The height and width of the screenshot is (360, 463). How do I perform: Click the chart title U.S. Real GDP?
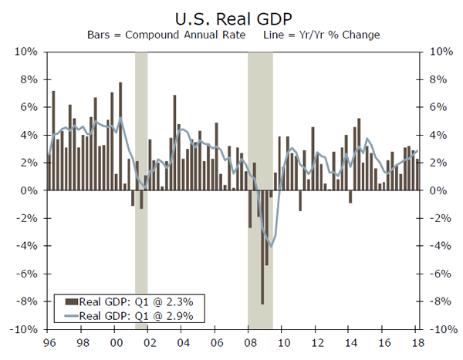coord(231,17)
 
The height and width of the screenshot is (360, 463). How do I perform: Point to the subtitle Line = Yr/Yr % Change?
coord(316,35)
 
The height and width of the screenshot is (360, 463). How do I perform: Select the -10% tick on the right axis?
coord(438,329)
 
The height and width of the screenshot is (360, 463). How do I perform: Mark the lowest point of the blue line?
coord(271,245)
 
